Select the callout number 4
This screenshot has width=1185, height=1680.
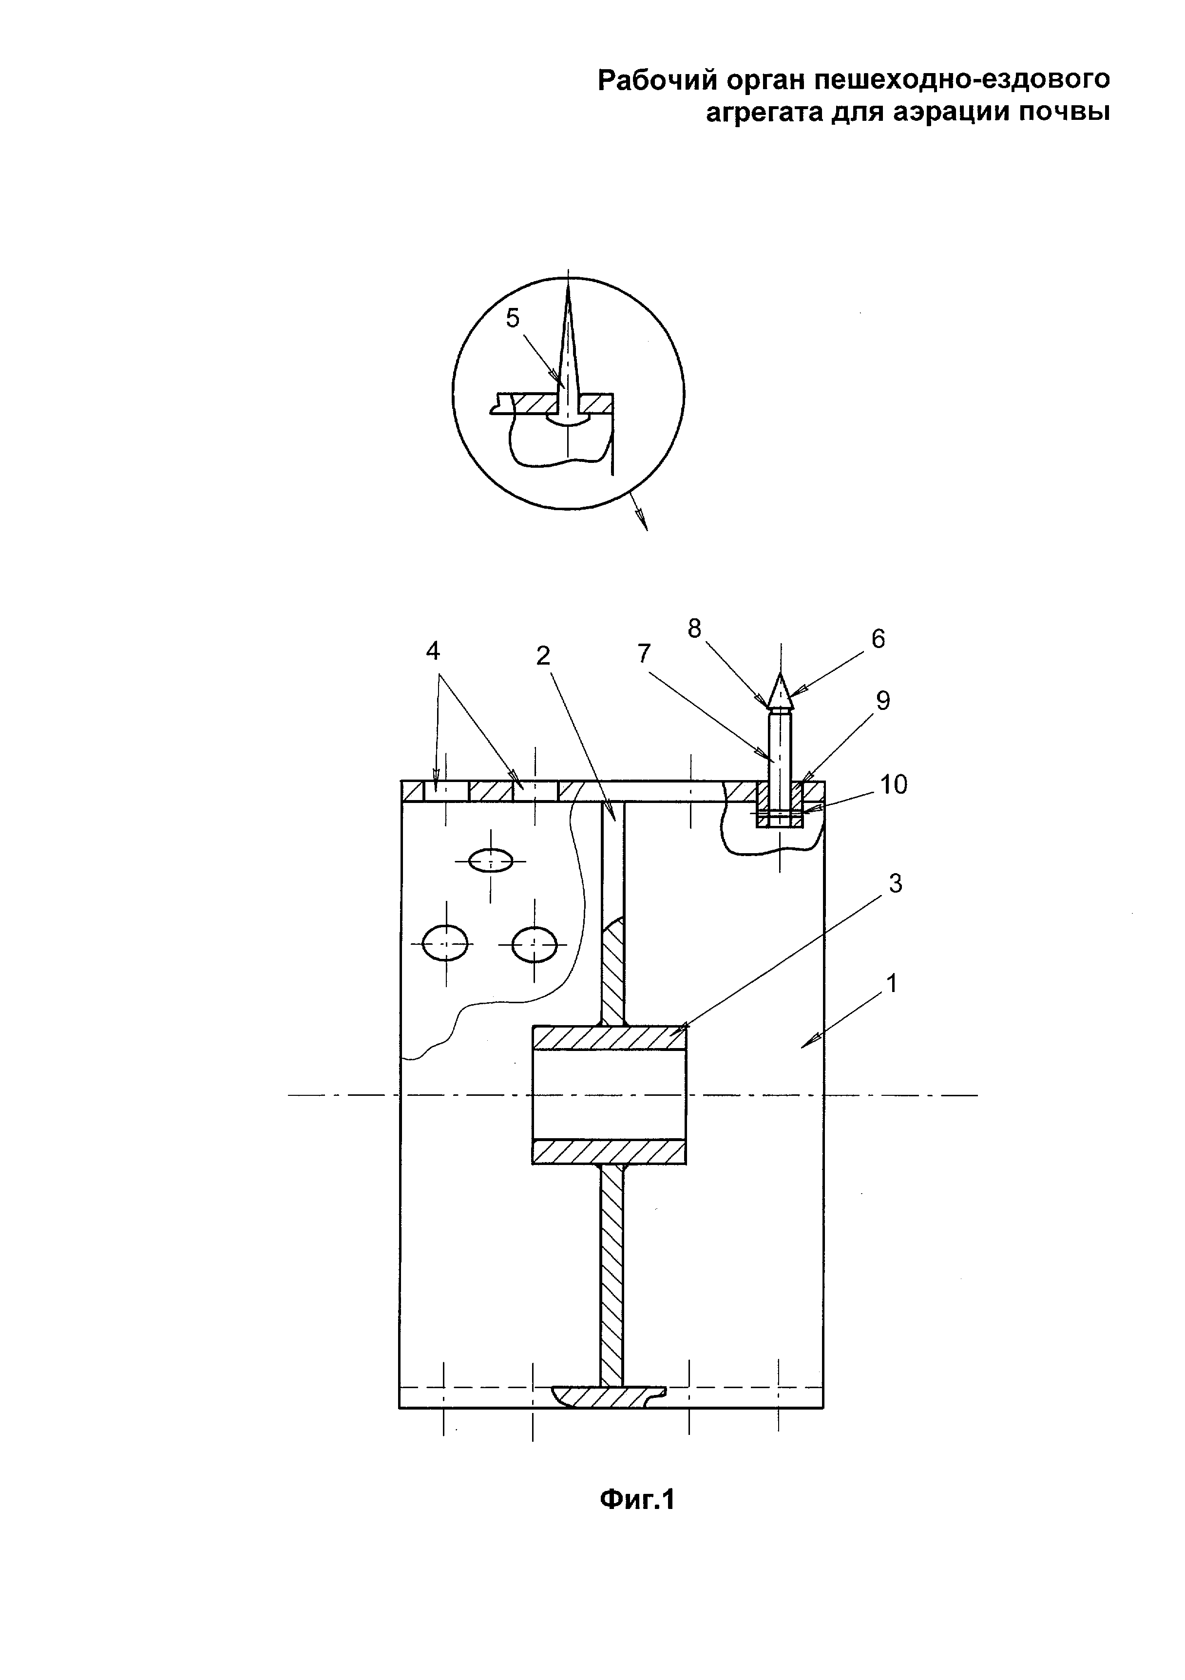[x=433, y=650]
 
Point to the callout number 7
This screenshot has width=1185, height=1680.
[x=644, y=653]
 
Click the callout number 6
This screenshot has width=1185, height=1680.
[x=879, y=639]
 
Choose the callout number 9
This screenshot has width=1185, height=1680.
[x=883, y=701]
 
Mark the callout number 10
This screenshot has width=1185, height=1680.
[x=894, y=784]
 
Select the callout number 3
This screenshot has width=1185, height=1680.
[x=895, y=884]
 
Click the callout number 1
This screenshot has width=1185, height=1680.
[x=892, y=983]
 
